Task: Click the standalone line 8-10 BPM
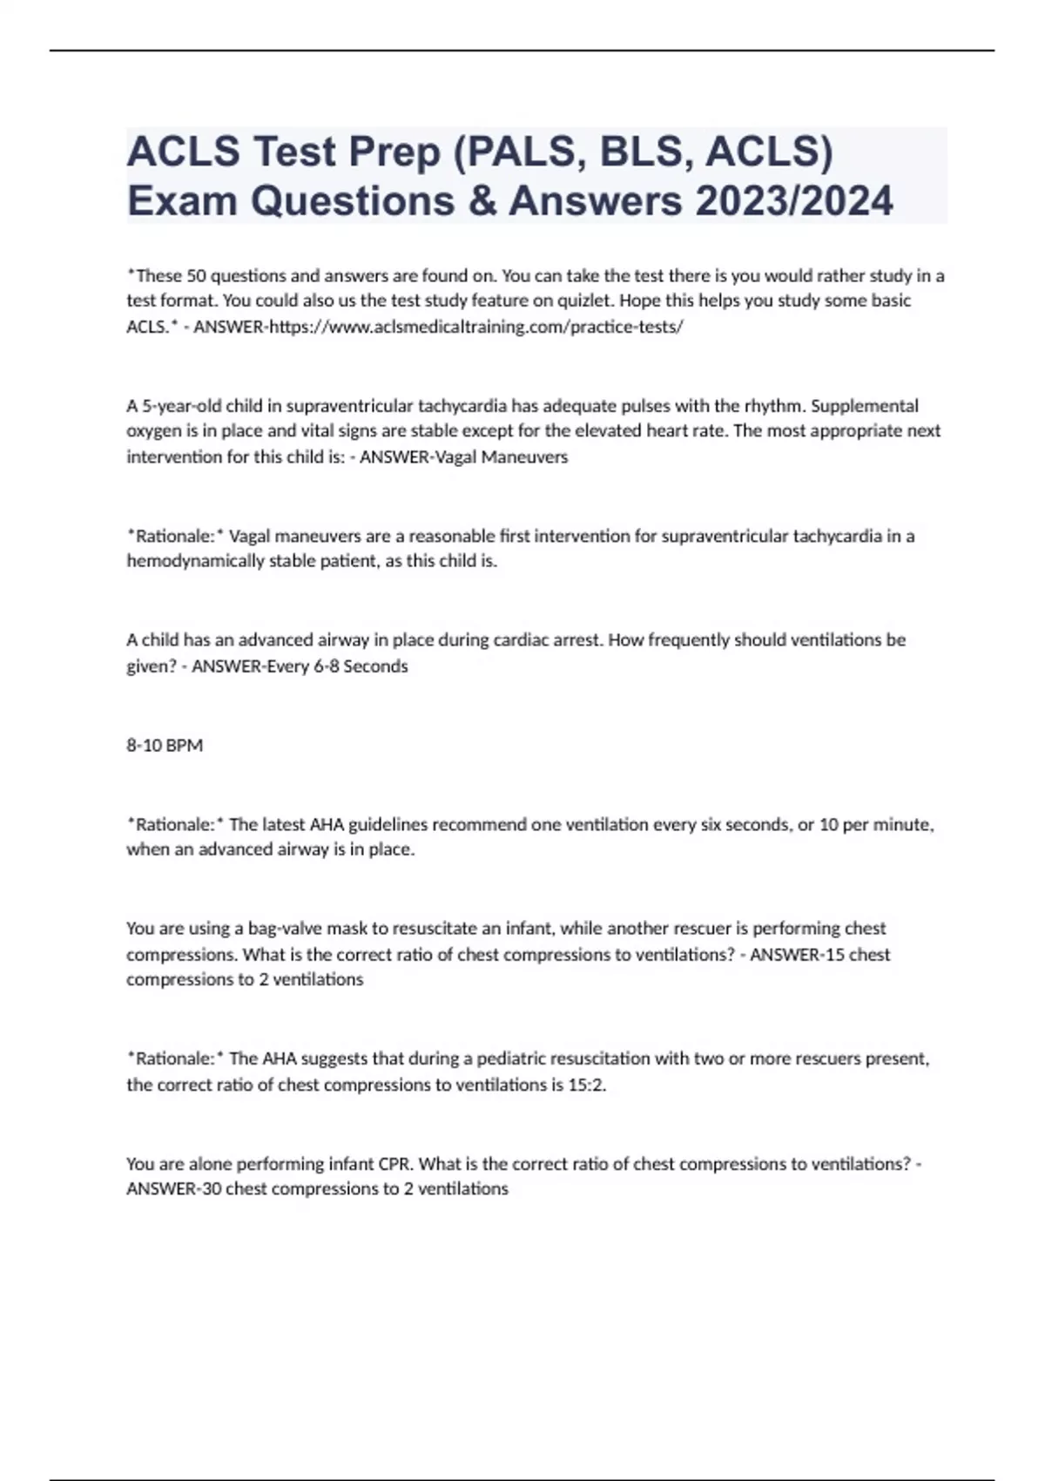tap(165, 746)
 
